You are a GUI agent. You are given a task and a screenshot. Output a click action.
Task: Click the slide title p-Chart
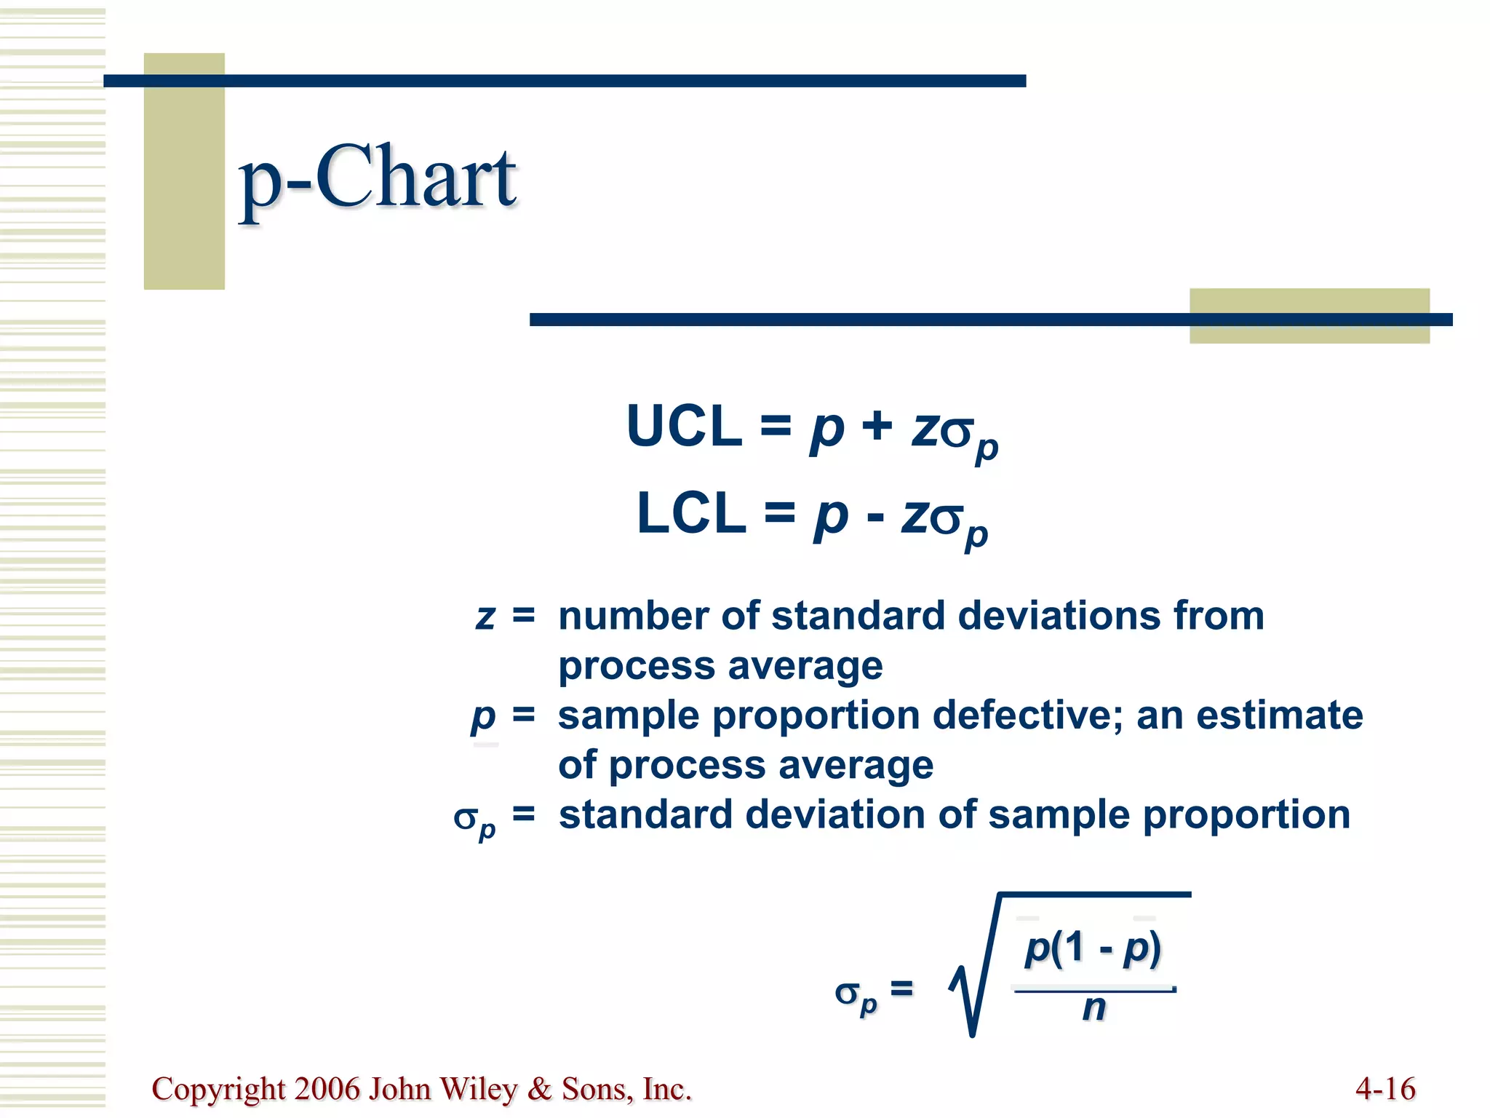coord(378,178)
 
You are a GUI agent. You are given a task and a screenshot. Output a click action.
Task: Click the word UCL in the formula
coord(684,427)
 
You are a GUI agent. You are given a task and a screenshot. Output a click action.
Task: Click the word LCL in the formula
coord(691,513)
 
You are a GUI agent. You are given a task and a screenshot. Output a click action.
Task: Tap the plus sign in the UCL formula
coord(877,424)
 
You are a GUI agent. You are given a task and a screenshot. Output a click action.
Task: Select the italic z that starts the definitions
coord(485,617)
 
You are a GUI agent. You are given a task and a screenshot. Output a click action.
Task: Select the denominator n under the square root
coord(1093,1008)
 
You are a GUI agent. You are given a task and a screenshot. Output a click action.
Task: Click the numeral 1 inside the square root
coord(1075,948)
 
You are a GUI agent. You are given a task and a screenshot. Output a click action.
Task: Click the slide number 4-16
coord(1385,1089)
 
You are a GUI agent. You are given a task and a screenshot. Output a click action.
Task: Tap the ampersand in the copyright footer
coord(539,1089)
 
